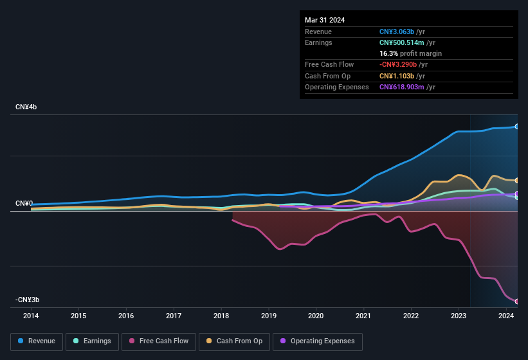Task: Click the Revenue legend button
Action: (37, 341)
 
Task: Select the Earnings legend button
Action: (92, 341)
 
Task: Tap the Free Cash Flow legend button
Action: (159, 341)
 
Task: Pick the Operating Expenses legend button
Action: (318, 341)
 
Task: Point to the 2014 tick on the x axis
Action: (31, 316)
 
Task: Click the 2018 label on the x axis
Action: (221, 316)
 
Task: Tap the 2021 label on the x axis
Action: (363, 316)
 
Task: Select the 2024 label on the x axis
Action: (505, 316)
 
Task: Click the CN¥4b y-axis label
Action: (26, 107)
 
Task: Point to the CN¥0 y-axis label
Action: (24, 203)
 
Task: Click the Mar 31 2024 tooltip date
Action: (325, 20)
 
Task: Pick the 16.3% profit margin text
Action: (410, 53)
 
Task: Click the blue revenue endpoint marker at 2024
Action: (517, 127)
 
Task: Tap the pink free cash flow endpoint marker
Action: (517, 301)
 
